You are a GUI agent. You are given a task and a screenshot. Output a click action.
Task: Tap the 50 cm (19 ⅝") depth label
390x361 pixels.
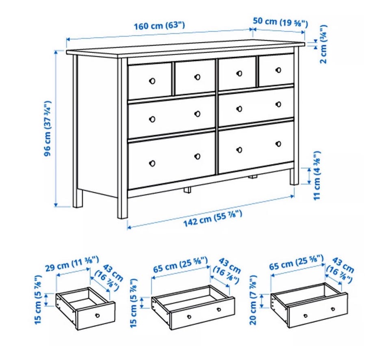(x=280, y=22)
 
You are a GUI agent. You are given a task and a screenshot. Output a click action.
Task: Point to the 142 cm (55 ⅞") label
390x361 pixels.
(x=212, y=218)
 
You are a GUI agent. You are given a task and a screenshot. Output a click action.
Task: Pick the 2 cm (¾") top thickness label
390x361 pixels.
(x=324, y=44)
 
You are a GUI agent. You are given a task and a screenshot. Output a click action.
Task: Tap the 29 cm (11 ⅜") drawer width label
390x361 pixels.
(x=72, y=264)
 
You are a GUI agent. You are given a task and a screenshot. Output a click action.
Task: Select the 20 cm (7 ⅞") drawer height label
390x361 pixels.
(x=253, y=300)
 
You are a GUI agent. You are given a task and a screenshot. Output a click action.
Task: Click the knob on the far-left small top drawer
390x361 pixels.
(x=152, y=81)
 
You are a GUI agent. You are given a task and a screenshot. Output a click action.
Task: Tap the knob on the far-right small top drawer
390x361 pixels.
(x=278, y=70)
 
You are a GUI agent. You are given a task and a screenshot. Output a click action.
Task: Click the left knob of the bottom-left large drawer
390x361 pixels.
(x=152, y=163)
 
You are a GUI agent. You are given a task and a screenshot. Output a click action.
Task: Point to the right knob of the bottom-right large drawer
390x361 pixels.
(x=278, y=144)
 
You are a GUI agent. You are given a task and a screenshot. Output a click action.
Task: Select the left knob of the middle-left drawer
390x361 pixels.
(x=152, y=119)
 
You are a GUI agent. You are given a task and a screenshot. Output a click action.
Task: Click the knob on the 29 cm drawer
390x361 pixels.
(x=97, y=316)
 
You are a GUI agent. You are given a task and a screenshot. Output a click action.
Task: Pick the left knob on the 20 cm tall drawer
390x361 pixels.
(x=305, y=316)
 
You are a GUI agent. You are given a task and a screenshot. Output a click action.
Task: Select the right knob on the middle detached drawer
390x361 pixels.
(x=219, y=309)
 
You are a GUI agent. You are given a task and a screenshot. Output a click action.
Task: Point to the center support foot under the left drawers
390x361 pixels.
(x=188, y=190)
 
